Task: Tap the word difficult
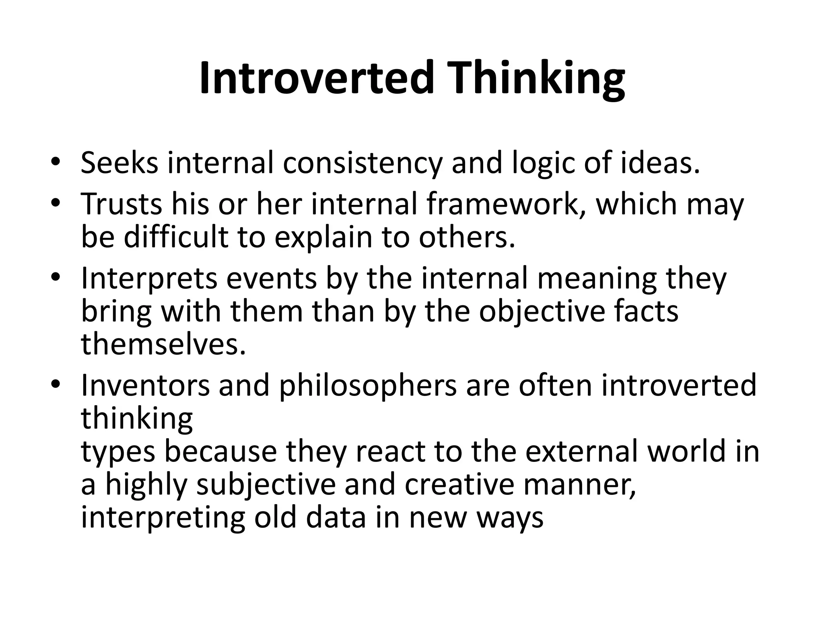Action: pos(176,237)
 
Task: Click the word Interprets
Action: pos(149,278)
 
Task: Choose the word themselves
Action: pos(163,345)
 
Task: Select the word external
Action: pos(581,451)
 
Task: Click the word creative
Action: pos(459,484)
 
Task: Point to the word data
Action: pos(336,517)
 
